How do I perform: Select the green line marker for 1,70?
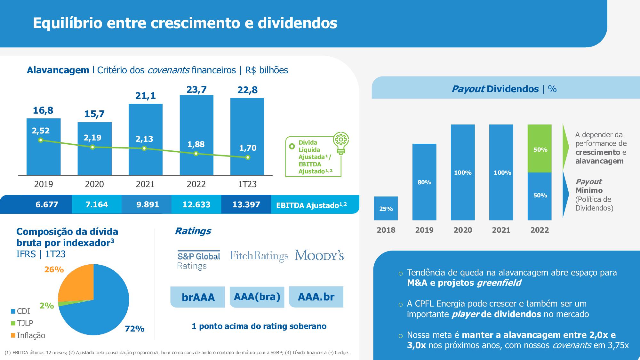tap(248, 157)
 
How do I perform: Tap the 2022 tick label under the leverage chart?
tap(196, 184)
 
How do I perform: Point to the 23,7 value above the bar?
tap(196, 90)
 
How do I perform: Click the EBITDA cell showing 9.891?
tap(148, 204)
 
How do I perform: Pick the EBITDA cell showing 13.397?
tap(246, 204)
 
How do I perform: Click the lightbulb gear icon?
tap(341, 143)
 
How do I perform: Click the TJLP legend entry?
tap(22, 323)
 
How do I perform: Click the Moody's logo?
tap(319, 255)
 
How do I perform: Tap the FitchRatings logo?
tap(259, 256)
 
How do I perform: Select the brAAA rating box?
tap(198, 297)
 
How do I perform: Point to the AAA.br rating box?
tap(316, 297)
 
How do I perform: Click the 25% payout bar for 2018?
tap(386, 209)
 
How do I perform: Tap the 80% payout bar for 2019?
tap(424, 182)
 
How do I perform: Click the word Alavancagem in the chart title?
tap(58, 70)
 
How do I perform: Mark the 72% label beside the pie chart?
tap(134, 329)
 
